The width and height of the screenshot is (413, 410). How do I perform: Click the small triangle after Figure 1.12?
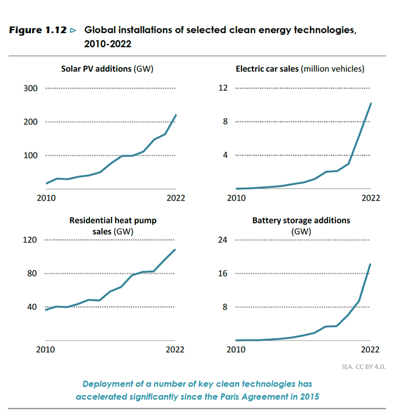pyautogui.click(x=73, y=30)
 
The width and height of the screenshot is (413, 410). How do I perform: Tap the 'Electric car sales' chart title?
pyautogui.click(x=300, y=69)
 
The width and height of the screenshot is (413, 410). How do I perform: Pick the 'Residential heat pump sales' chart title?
pyautogui.click(x=113, y=226)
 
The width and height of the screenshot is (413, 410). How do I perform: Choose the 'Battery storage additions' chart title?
pyautogui.click(x=301, y=226)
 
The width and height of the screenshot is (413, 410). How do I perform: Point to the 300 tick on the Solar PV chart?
pyautogui.click(x=30, y=88)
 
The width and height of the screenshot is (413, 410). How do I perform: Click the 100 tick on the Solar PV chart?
pyautogui.click(x=30, y=156)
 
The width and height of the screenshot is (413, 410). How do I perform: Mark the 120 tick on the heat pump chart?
pyautogui.click(x=30, y=240)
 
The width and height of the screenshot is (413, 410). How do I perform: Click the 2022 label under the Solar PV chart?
pyautogui.click(x=175, y=198)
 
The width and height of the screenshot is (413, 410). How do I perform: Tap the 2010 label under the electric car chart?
pyautogui.click(x=236, y=198)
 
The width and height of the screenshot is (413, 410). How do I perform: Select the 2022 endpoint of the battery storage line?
pyautogui.click(x=370, y=264)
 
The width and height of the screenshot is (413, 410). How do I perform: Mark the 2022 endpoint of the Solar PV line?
pyautogui.click(x=176, y=115)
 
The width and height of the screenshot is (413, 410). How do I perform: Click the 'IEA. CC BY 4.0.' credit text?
pyautogui.click(x=364, y=366)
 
